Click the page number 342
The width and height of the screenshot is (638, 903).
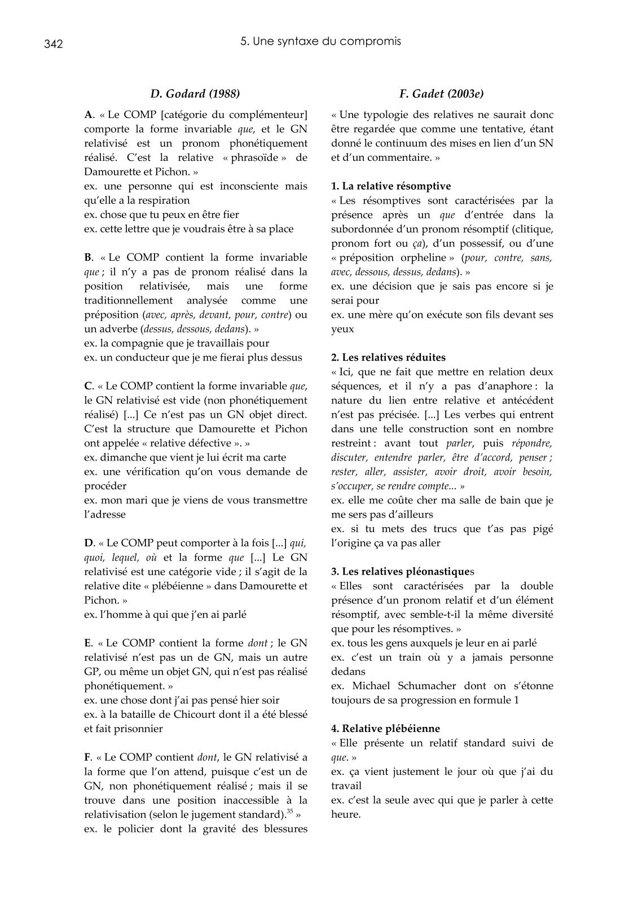click(53, 44)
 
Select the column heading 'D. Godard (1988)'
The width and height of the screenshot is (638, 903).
click(195, 94)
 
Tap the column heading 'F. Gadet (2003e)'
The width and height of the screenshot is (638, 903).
click(442, 94)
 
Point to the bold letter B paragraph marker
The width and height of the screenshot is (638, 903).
click(87, 257)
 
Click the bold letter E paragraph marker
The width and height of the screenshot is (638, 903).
click(87, 643)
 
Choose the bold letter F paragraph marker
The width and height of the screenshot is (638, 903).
click(87, 757)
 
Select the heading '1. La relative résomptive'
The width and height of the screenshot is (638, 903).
click(391, 186)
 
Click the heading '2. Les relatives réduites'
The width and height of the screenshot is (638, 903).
click(388, 357)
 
